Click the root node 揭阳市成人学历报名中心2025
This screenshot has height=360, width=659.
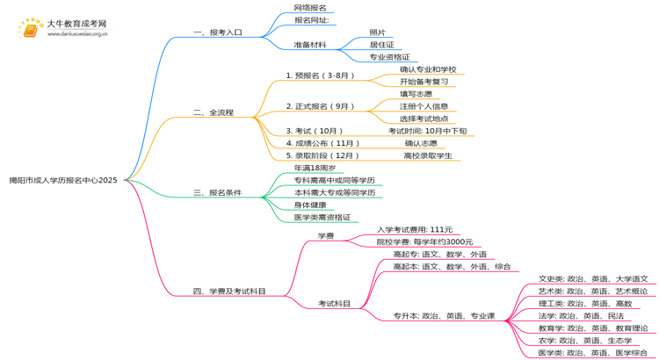62,180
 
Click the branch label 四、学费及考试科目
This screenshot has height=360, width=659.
229,291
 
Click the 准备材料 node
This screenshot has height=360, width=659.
311,44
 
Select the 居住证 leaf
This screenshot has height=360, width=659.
381,44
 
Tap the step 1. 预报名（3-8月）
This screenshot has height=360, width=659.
320,76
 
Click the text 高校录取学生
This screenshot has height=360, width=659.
428,155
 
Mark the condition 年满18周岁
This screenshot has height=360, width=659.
315,168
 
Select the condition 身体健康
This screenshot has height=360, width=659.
314,205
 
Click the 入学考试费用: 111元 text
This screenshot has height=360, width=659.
415,229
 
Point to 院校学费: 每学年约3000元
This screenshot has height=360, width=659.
424,241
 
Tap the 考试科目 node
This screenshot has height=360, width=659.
334,304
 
